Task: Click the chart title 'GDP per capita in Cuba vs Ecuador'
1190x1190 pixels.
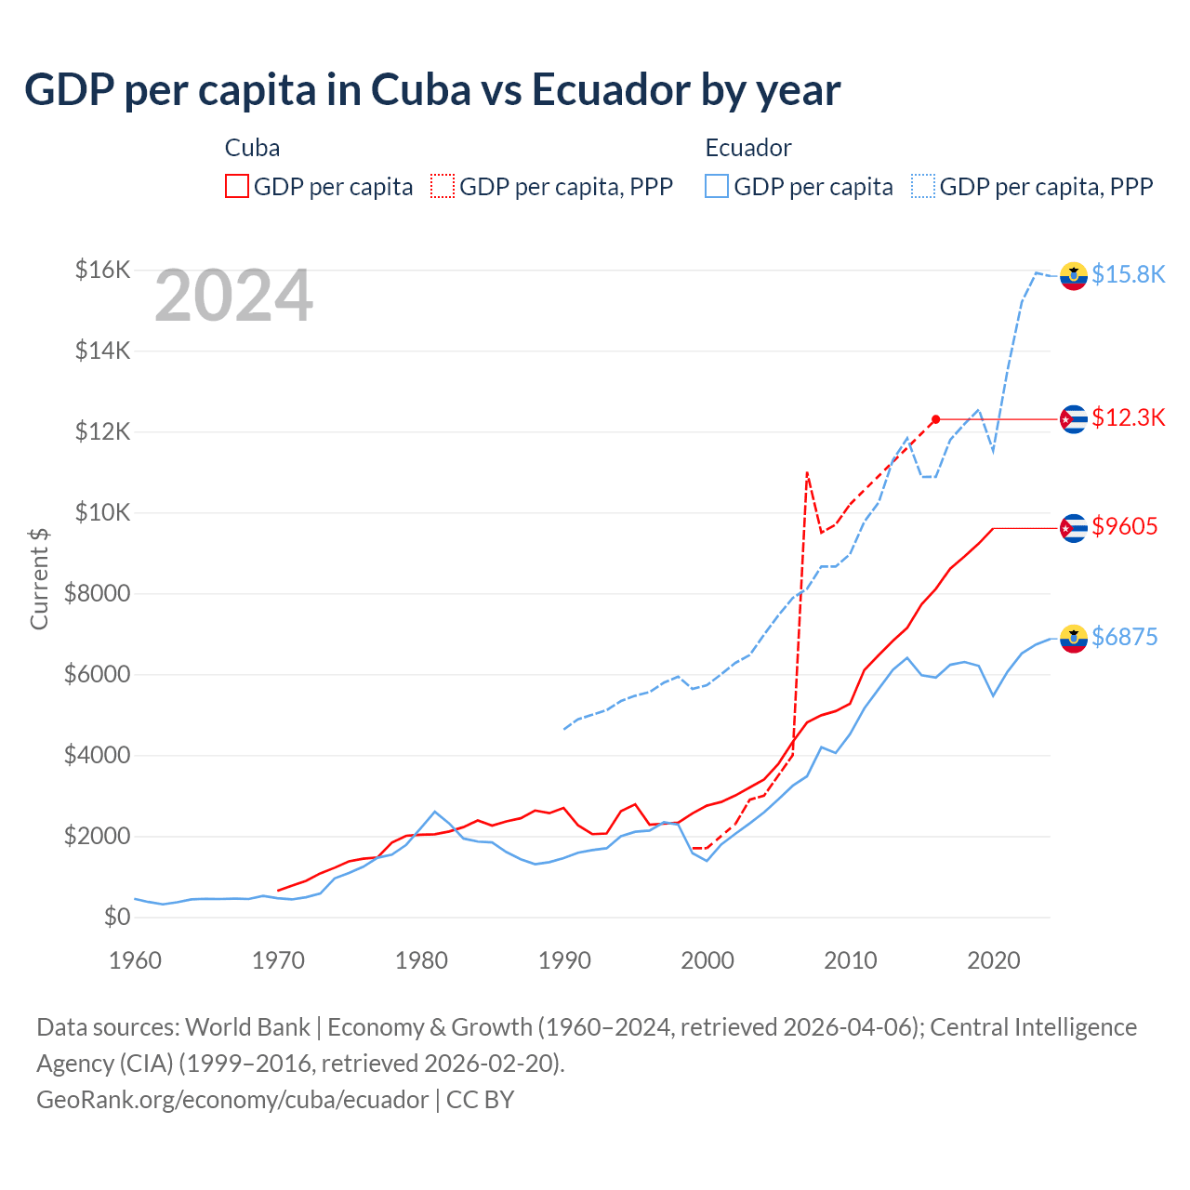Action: point(432,90)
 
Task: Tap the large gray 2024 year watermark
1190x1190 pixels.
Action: point(233,297)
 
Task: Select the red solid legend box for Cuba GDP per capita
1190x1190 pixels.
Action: point(237,186)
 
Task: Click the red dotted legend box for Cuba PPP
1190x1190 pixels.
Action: point(443,186)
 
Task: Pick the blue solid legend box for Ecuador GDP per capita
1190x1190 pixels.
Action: point(717,186)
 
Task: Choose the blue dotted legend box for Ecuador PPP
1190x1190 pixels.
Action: point(923,186)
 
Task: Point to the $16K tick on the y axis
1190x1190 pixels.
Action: point(102,271)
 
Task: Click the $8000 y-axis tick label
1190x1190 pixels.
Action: point(97,593)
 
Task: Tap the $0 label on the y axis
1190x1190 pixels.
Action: point(116,917)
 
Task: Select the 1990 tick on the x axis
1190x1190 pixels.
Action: point(564,960)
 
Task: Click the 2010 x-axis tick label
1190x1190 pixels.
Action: point(851,960)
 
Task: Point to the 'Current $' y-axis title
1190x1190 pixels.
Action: point(39,578)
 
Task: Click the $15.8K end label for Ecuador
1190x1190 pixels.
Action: point(1128,274)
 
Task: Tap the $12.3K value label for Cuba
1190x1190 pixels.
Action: point(1128,417)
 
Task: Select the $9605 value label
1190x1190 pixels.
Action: point(1124,526)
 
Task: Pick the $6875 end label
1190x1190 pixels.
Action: point(1124,637)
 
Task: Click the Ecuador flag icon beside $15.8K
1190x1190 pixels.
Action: point(1074,276)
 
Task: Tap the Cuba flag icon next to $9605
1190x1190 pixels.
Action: point(1074,528)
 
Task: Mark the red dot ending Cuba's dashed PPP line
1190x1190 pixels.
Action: point(935,419)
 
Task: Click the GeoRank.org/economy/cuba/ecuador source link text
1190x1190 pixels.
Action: point(232,1100)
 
